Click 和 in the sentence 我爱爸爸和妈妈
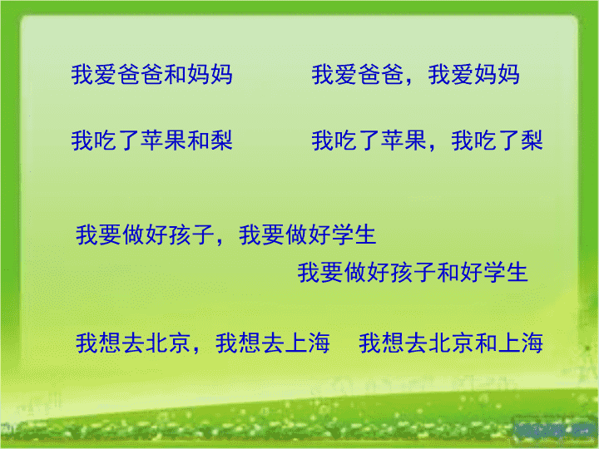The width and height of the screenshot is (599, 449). [x=175, y=74]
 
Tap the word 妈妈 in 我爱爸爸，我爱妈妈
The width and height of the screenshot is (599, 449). [x=497, y=74]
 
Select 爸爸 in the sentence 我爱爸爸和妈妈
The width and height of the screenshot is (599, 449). [x=141, y=74]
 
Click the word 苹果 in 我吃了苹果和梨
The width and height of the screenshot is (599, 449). [x=164, y=141]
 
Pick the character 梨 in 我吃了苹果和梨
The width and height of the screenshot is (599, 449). [x=221, y=141]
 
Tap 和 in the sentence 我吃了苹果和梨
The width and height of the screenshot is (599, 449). [x=198, y=141]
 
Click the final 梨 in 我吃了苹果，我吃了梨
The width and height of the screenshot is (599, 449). [x=532, y=141]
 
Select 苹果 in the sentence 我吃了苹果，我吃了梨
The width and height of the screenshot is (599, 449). [x=403, y=141]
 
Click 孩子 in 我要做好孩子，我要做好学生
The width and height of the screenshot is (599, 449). [x=191, y=234]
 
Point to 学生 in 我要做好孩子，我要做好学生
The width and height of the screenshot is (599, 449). [x=354, y=234]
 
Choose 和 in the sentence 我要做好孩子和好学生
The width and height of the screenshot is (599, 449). [x=448, y=272]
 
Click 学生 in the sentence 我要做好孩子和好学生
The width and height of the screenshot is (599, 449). [x=506, y=272]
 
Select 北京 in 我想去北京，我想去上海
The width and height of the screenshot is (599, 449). [x=168, y=343]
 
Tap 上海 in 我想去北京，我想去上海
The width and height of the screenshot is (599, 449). [x=308, y=343]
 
